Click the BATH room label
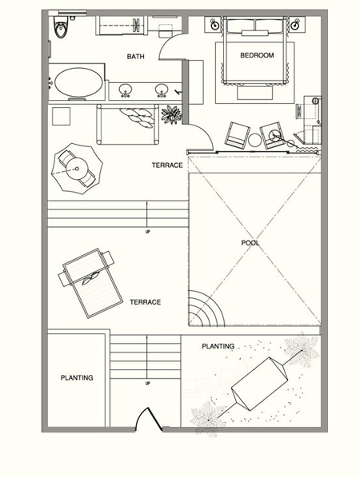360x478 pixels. (135, 57)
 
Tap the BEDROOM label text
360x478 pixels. (257, 55)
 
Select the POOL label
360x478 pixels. (250, 243)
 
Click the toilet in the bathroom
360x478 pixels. (61, 27)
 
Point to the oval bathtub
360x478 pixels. (78, 82)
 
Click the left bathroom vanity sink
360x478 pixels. (126, 90)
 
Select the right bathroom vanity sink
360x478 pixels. (162, 90)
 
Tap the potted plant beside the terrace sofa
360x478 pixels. (171, 114)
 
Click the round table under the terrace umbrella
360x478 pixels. (77, 169)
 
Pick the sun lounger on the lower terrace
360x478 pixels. (90, 283)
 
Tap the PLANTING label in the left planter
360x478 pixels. (77, 378)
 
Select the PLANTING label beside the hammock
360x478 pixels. (218, 346)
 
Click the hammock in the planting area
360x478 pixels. (259, 384)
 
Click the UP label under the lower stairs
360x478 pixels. (148, 383)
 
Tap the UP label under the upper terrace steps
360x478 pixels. (148, 232)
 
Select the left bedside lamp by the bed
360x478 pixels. (216, 25)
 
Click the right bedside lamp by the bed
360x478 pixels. (295, 25)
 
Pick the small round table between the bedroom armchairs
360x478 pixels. (254, 141)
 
